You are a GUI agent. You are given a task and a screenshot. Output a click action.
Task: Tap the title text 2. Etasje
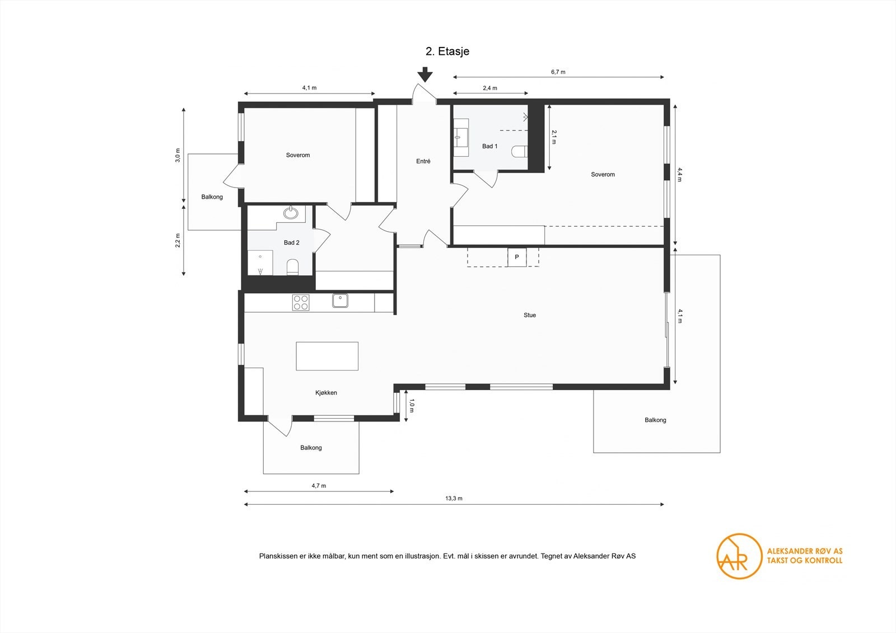(447, 51)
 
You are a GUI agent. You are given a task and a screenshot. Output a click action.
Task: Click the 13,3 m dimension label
(454, 498)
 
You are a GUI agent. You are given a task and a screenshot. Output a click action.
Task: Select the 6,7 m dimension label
(558, 72)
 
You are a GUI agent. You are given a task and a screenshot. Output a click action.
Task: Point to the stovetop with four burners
(301, 302)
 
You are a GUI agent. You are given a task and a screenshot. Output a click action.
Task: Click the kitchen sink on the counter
(340, 301)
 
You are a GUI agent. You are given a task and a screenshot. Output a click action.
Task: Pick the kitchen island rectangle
(327, 356)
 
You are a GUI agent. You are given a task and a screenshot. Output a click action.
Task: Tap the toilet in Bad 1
(520, 151)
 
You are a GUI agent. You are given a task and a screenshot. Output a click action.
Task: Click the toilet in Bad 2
(293, 267)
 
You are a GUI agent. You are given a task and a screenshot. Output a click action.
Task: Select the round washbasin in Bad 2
(291, 213)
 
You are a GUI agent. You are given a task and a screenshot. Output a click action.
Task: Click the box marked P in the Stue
(517, 257)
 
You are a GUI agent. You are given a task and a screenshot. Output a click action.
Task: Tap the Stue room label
(529, 315)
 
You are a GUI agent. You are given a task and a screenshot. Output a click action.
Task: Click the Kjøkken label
(326, 393)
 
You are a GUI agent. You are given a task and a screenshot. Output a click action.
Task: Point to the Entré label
(423, 161)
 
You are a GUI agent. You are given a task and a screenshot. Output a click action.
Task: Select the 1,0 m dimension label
(412, 405)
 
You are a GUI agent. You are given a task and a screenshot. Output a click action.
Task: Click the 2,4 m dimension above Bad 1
(490, 88)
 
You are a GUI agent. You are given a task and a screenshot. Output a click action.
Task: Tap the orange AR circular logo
(739, 556)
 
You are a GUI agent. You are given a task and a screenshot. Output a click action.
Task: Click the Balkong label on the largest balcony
(655, 420)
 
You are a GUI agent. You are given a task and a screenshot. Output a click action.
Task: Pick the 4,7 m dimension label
(319, 485)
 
